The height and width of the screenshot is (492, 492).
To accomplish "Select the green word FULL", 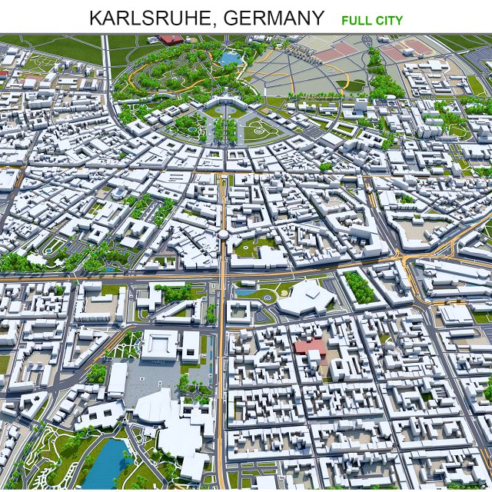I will (x=356, y=18).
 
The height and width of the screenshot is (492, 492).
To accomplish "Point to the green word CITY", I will (x=389, y=18).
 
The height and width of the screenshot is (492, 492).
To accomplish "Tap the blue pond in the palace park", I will (x=230, y=56).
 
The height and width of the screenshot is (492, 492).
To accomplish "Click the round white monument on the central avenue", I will (x=222, y=235).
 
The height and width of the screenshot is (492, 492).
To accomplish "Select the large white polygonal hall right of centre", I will (x=304, y=298).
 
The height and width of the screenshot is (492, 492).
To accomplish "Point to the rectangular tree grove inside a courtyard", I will (x=360, y=286).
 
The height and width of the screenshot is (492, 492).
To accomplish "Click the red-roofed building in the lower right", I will (x=311, y=346).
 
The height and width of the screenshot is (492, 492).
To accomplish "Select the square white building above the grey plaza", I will (x=161, y=345).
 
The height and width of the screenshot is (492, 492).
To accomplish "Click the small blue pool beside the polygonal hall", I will (x=247, y=291).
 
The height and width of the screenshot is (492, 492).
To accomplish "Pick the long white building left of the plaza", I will (x=117, y=380).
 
